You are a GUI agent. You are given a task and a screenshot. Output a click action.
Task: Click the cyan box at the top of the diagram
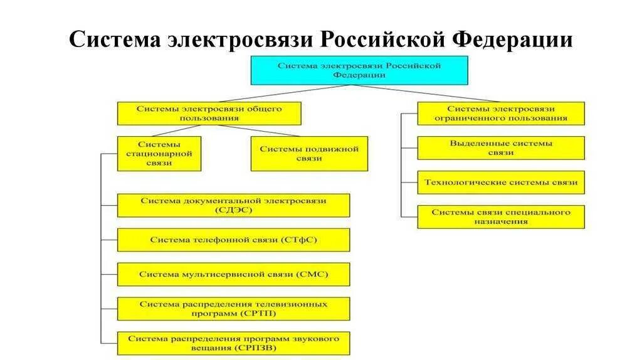point(359,70)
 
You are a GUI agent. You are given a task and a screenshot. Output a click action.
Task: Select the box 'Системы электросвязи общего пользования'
point(209,114)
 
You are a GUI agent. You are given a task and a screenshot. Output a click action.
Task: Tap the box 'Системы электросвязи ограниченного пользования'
point(500,114)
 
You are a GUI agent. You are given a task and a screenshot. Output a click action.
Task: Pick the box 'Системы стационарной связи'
point(159,154)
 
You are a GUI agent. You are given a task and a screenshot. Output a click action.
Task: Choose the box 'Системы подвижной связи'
point(309,154)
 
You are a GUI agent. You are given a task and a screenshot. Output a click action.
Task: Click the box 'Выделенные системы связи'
point(500,148)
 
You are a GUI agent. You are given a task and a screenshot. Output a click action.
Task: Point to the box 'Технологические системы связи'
point(500,183)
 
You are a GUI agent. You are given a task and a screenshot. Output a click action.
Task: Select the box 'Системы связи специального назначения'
point(500,217)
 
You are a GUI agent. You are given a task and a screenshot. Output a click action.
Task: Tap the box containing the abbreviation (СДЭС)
point(233,205)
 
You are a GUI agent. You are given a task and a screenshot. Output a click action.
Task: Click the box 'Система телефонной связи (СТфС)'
point(233,240)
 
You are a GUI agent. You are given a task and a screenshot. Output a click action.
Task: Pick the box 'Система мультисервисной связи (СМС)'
point(233,274)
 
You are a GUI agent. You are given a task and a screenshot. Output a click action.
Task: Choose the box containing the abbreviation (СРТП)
point(233,309)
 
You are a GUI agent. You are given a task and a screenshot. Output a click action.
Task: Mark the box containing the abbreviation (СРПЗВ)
point(233,343)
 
